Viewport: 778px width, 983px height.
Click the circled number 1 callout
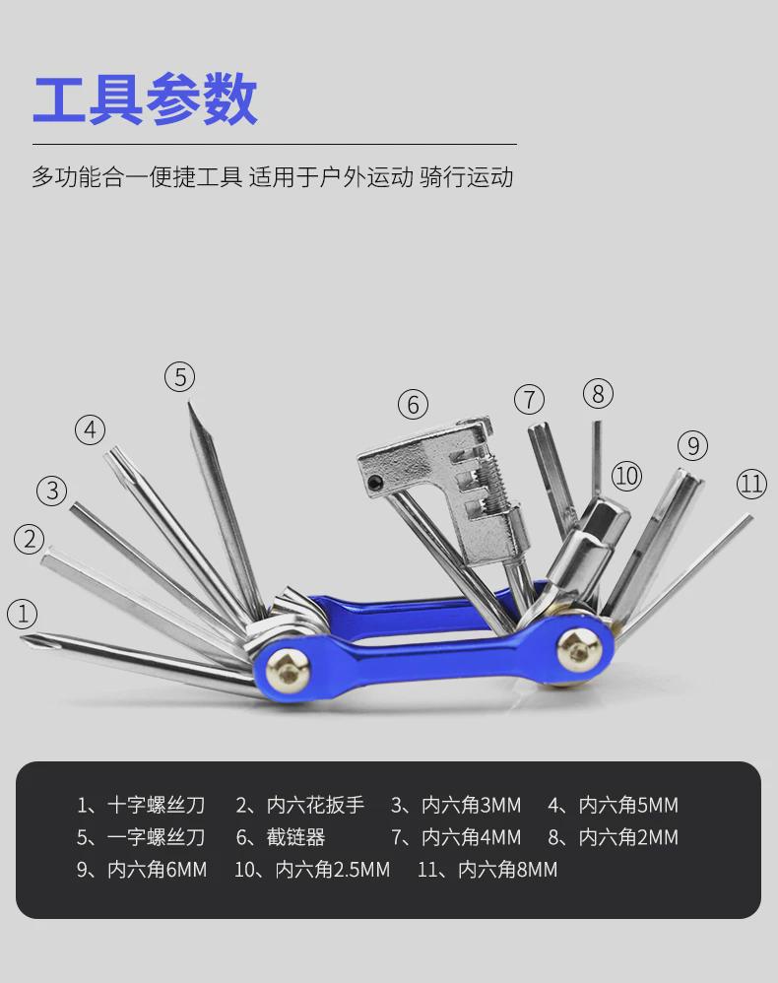tap(22, 615)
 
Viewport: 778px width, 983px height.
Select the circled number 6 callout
tap(414, 404)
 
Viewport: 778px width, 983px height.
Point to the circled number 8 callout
tap(598, 394)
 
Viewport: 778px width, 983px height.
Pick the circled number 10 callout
tap(626, 476)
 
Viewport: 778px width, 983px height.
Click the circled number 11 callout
tap(751, 484)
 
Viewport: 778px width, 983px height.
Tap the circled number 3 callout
tap(52, 490)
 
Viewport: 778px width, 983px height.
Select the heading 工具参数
tap(145, 99)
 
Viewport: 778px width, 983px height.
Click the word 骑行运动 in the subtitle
tap(467, 178)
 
